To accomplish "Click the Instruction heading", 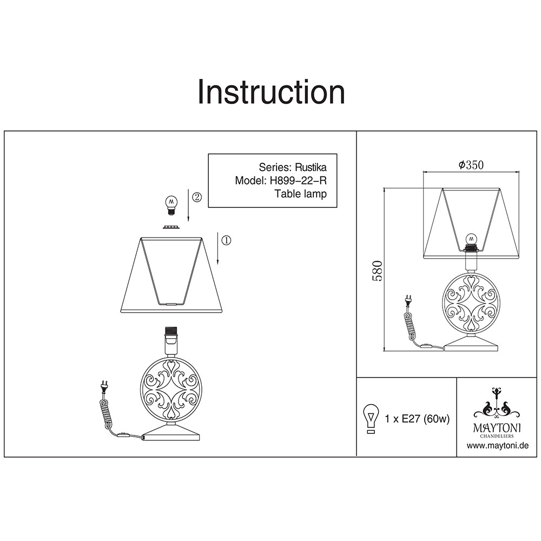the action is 271,92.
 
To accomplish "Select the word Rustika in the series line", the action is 310,167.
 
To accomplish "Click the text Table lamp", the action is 300,194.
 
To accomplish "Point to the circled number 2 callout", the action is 197,197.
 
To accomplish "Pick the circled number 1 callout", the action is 226,240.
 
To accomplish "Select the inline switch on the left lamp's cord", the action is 123,435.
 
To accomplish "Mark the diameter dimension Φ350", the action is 471,165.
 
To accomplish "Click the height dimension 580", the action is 378,270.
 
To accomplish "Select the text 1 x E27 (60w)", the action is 417,419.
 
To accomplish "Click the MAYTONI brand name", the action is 497,428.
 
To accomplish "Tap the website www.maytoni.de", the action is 498,445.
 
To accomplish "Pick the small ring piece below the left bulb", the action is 171,227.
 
